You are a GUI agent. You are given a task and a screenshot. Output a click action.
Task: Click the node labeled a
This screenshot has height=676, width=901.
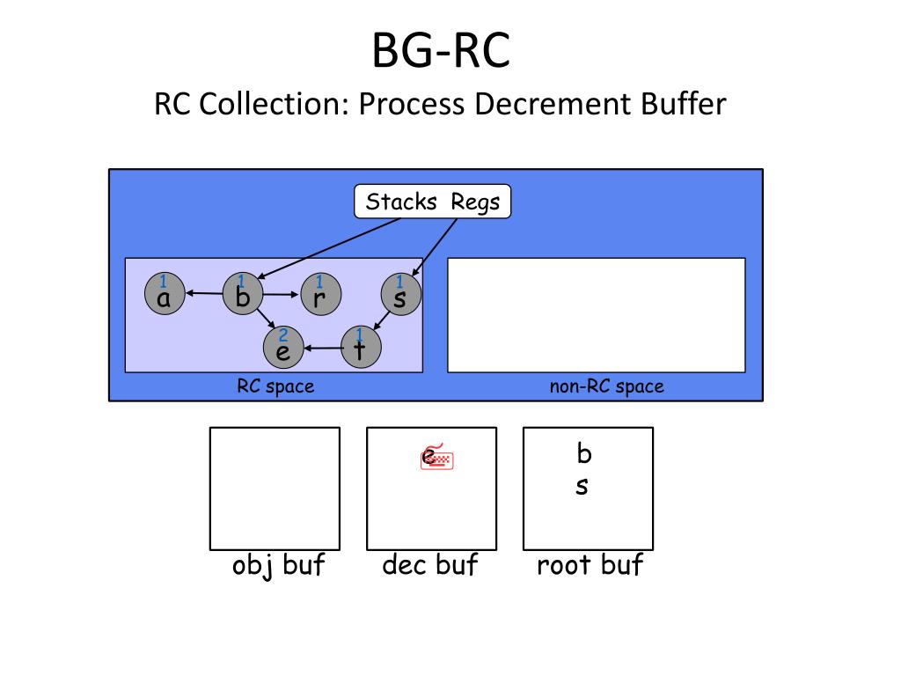[x=165, y=294]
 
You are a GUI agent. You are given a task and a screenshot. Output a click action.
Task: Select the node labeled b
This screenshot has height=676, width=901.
[x=243, y=294]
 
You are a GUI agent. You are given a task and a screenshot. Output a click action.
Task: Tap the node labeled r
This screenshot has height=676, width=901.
[x=320, y=294]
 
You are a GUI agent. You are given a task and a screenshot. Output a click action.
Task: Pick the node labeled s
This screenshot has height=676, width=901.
[x=401, y=294]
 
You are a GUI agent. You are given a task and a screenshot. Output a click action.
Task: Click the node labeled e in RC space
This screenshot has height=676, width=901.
[x=283, y=347]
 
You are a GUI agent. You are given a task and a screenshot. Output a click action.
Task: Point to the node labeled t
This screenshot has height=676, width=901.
[x=361, y=347]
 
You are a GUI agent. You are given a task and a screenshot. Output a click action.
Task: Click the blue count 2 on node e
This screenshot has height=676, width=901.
[x=282, y=334]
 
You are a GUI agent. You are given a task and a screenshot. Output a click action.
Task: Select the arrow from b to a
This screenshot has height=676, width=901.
[x=204, y=294]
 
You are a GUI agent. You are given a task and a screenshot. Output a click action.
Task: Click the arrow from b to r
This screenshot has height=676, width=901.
[x=281, y=294]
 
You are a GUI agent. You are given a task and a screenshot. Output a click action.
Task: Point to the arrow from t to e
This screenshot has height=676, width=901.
[x=323, y=348]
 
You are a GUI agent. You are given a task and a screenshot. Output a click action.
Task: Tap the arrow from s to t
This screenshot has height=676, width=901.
[x=382, y=320]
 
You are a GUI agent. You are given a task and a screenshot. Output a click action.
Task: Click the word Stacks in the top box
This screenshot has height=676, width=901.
[x=401, y=202]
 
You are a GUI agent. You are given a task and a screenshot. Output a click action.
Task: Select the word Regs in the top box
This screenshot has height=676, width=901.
[x=475, y=203]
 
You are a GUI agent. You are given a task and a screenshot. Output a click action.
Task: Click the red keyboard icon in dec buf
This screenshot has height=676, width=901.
[x=437, y=458]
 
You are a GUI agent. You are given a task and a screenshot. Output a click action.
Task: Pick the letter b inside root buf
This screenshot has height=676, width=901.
[x=584, y=453]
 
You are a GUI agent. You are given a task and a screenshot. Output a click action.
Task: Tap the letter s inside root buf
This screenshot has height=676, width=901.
[x=582, y=486]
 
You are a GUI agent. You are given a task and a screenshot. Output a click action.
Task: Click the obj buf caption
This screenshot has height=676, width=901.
[x=279, y=565]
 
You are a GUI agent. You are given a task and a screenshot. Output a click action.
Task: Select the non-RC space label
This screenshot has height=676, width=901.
[x=607, y=386]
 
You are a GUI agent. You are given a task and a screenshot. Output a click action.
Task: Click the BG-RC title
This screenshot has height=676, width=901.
[x=442, y=50]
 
